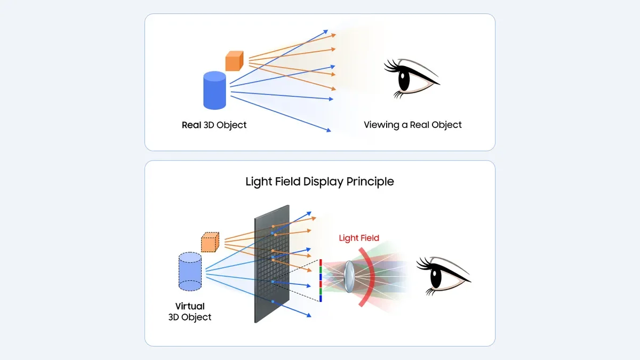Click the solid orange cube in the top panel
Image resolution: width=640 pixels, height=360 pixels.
(234, 61)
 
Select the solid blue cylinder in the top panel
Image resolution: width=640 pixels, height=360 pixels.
(215, 91)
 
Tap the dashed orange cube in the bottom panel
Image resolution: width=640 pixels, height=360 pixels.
(210, 243)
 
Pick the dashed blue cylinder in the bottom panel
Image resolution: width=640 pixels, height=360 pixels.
(190, 272)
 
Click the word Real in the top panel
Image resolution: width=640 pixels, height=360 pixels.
(191, 125)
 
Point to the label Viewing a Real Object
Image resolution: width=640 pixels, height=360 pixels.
(412, 125)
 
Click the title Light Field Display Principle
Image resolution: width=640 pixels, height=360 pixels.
(319, 181)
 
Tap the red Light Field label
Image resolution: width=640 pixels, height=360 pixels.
(359, 238)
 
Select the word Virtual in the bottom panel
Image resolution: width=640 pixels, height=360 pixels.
(190, 307)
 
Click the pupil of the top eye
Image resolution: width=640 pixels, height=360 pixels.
(404, 81)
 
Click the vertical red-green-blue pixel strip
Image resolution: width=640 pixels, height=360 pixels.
(321, 280)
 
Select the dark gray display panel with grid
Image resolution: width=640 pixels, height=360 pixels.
(272, 264)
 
